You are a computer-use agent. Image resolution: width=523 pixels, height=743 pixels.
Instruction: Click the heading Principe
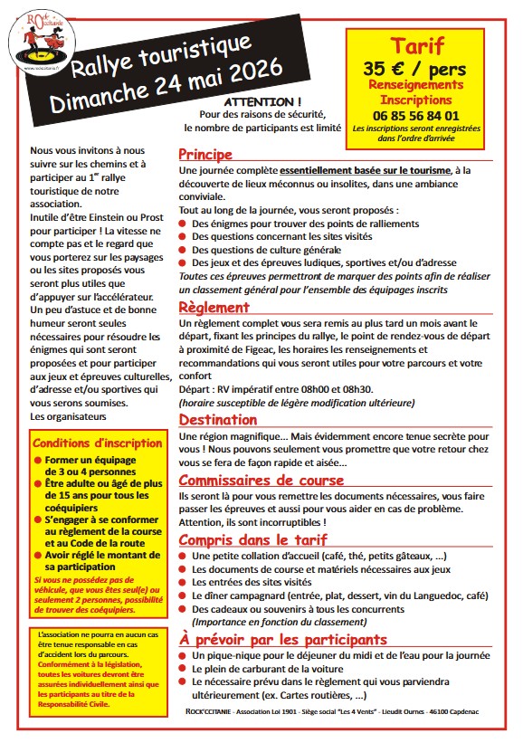[x=205, y=154]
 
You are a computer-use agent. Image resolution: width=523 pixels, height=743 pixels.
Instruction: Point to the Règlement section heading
[x=214, y=308]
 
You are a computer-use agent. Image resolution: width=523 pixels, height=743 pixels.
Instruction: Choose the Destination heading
[x=218, y=419]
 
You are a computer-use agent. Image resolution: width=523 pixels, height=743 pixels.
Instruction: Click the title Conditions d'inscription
[x=97, y=443]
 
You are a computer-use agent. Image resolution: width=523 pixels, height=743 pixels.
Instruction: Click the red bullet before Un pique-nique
[x=185, y=654]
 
